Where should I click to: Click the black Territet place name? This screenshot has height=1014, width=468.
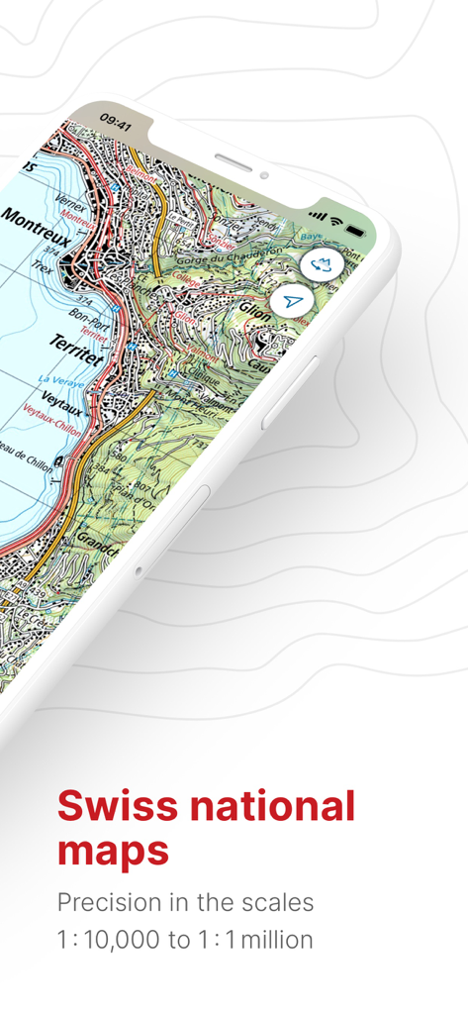tap(75, 348)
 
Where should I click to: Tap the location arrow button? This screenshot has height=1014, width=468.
tap(294, 301)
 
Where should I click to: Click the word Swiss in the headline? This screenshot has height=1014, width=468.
tap(117, 806)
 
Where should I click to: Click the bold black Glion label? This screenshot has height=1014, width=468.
tap(255, 312)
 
